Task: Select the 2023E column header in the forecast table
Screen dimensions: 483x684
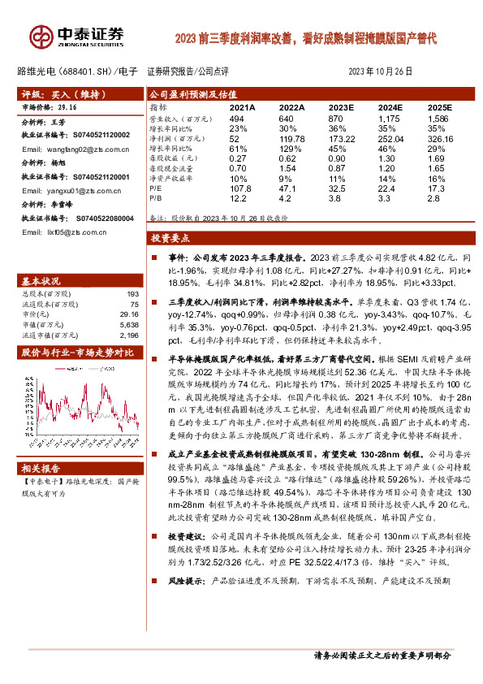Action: pos(342,107)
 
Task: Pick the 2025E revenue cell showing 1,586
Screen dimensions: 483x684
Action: pos(439,119)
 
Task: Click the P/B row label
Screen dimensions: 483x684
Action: pos(156,197)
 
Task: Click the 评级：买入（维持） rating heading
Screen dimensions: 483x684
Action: pos(50,94)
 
